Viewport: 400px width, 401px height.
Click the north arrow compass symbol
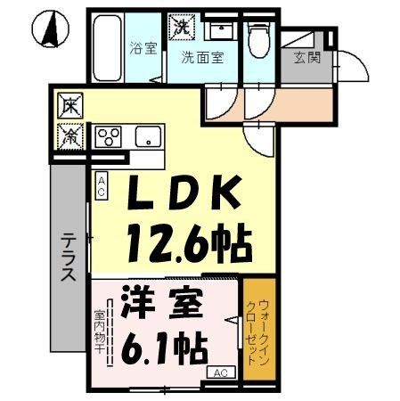point(51,29)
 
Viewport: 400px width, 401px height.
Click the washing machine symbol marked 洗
point(182,27)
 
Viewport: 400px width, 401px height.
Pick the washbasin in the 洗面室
point(218,30)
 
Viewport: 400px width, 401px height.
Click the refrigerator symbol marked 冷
point(69,135)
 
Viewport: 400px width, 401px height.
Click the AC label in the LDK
point(102,186)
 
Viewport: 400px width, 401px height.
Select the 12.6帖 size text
point(188,239)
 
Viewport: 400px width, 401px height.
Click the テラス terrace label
point(68,258)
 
